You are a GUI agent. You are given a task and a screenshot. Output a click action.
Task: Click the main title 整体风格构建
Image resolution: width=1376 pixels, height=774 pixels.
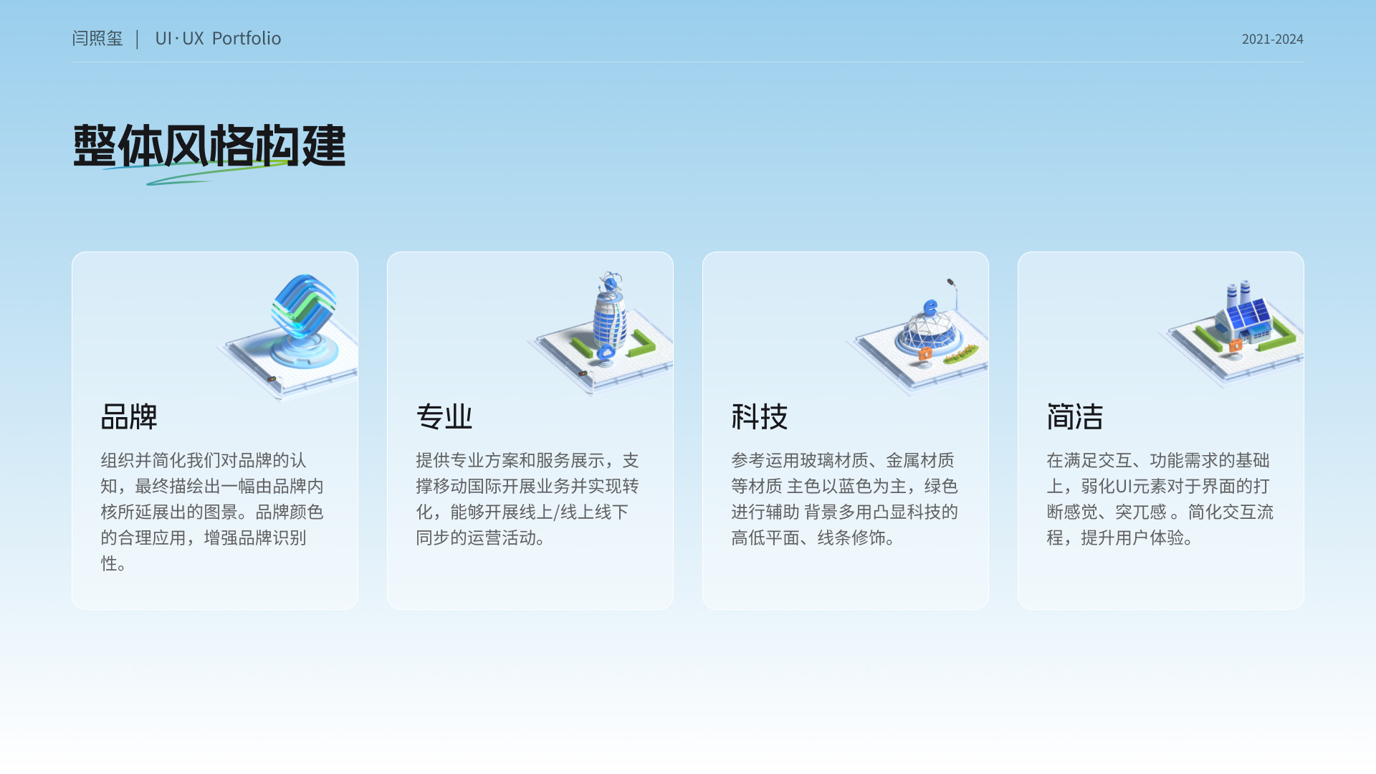tap(209, 146)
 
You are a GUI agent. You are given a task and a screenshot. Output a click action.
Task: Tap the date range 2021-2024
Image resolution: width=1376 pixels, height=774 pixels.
tap(1272, 39)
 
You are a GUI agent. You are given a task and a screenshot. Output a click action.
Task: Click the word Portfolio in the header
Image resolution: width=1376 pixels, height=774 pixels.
tap(247, 38)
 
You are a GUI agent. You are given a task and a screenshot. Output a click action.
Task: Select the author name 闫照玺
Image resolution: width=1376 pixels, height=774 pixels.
tap(97, 38)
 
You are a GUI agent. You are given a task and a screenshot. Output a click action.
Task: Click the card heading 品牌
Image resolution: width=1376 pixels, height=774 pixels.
tap(129, 416)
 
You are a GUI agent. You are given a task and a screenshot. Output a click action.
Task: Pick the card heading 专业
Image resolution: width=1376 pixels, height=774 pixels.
tap(444, 416)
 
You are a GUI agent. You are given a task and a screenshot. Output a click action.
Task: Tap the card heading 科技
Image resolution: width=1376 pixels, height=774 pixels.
tap(760, 416)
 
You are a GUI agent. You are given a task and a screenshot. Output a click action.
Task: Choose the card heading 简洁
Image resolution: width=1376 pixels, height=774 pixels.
tap(1075, 416)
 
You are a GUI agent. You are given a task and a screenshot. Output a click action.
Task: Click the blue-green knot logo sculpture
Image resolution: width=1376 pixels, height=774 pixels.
tap(304, 307)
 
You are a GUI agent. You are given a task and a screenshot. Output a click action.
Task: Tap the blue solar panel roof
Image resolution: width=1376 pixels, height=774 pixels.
tap(1248, 314)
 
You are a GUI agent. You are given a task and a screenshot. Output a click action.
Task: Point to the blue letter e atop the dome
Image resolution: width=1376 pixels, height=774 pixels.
tap(930, 308)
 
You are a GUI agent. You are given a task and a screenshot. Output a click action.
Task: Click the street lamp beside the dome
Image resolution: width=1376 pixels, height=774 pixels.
tap(953, 293)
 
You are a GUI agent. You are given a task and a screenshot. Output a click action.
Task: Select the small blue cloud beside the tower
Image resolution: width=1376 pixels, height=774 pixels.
tap(606, 352)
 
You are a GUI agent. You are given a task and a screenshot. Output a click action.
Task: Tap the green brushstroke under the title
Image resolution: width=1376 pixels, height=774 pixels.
tap(193, 172)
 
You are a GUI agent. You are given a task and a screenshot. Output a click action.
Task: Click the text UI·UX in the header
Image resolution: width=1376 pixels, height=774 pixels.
tap(179, 38)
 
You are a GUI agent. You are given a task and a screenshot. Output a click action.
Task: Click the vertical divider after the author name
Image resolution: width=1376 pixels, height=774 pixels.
tap(137, 39)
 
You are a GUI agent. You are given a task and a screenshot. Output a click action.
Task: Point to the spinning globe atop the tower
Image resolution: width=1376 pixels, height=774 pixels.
tap(610, 282)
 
